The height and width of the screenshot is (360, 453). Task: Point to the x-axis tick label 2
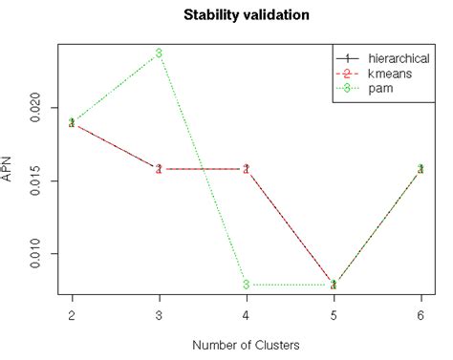point(72,315)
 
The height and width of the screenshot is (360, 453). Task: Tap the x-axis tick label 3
point(159,315)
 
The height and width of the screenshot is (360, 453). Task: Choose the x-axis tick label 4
point(246,315)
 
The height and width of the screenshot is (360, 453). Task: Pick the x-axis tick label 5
point(334,315)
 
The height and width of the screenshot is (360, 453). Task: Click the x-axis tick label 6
point(421,315)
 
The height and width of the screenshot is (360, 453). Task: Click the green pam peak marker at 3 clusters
point(159,53)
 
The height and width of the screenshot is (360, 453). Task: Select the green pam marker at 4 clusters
point(246,285)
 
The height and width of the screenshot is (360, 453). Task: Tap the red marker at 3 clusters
point(159,169)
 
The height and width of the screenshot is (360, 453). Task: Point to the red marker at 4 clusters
point(246,169)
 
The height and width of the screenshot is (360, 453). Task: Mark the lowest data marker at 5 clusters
point(334,285)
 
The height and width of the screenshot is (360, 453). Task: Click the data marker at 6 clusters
point(421,169)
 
